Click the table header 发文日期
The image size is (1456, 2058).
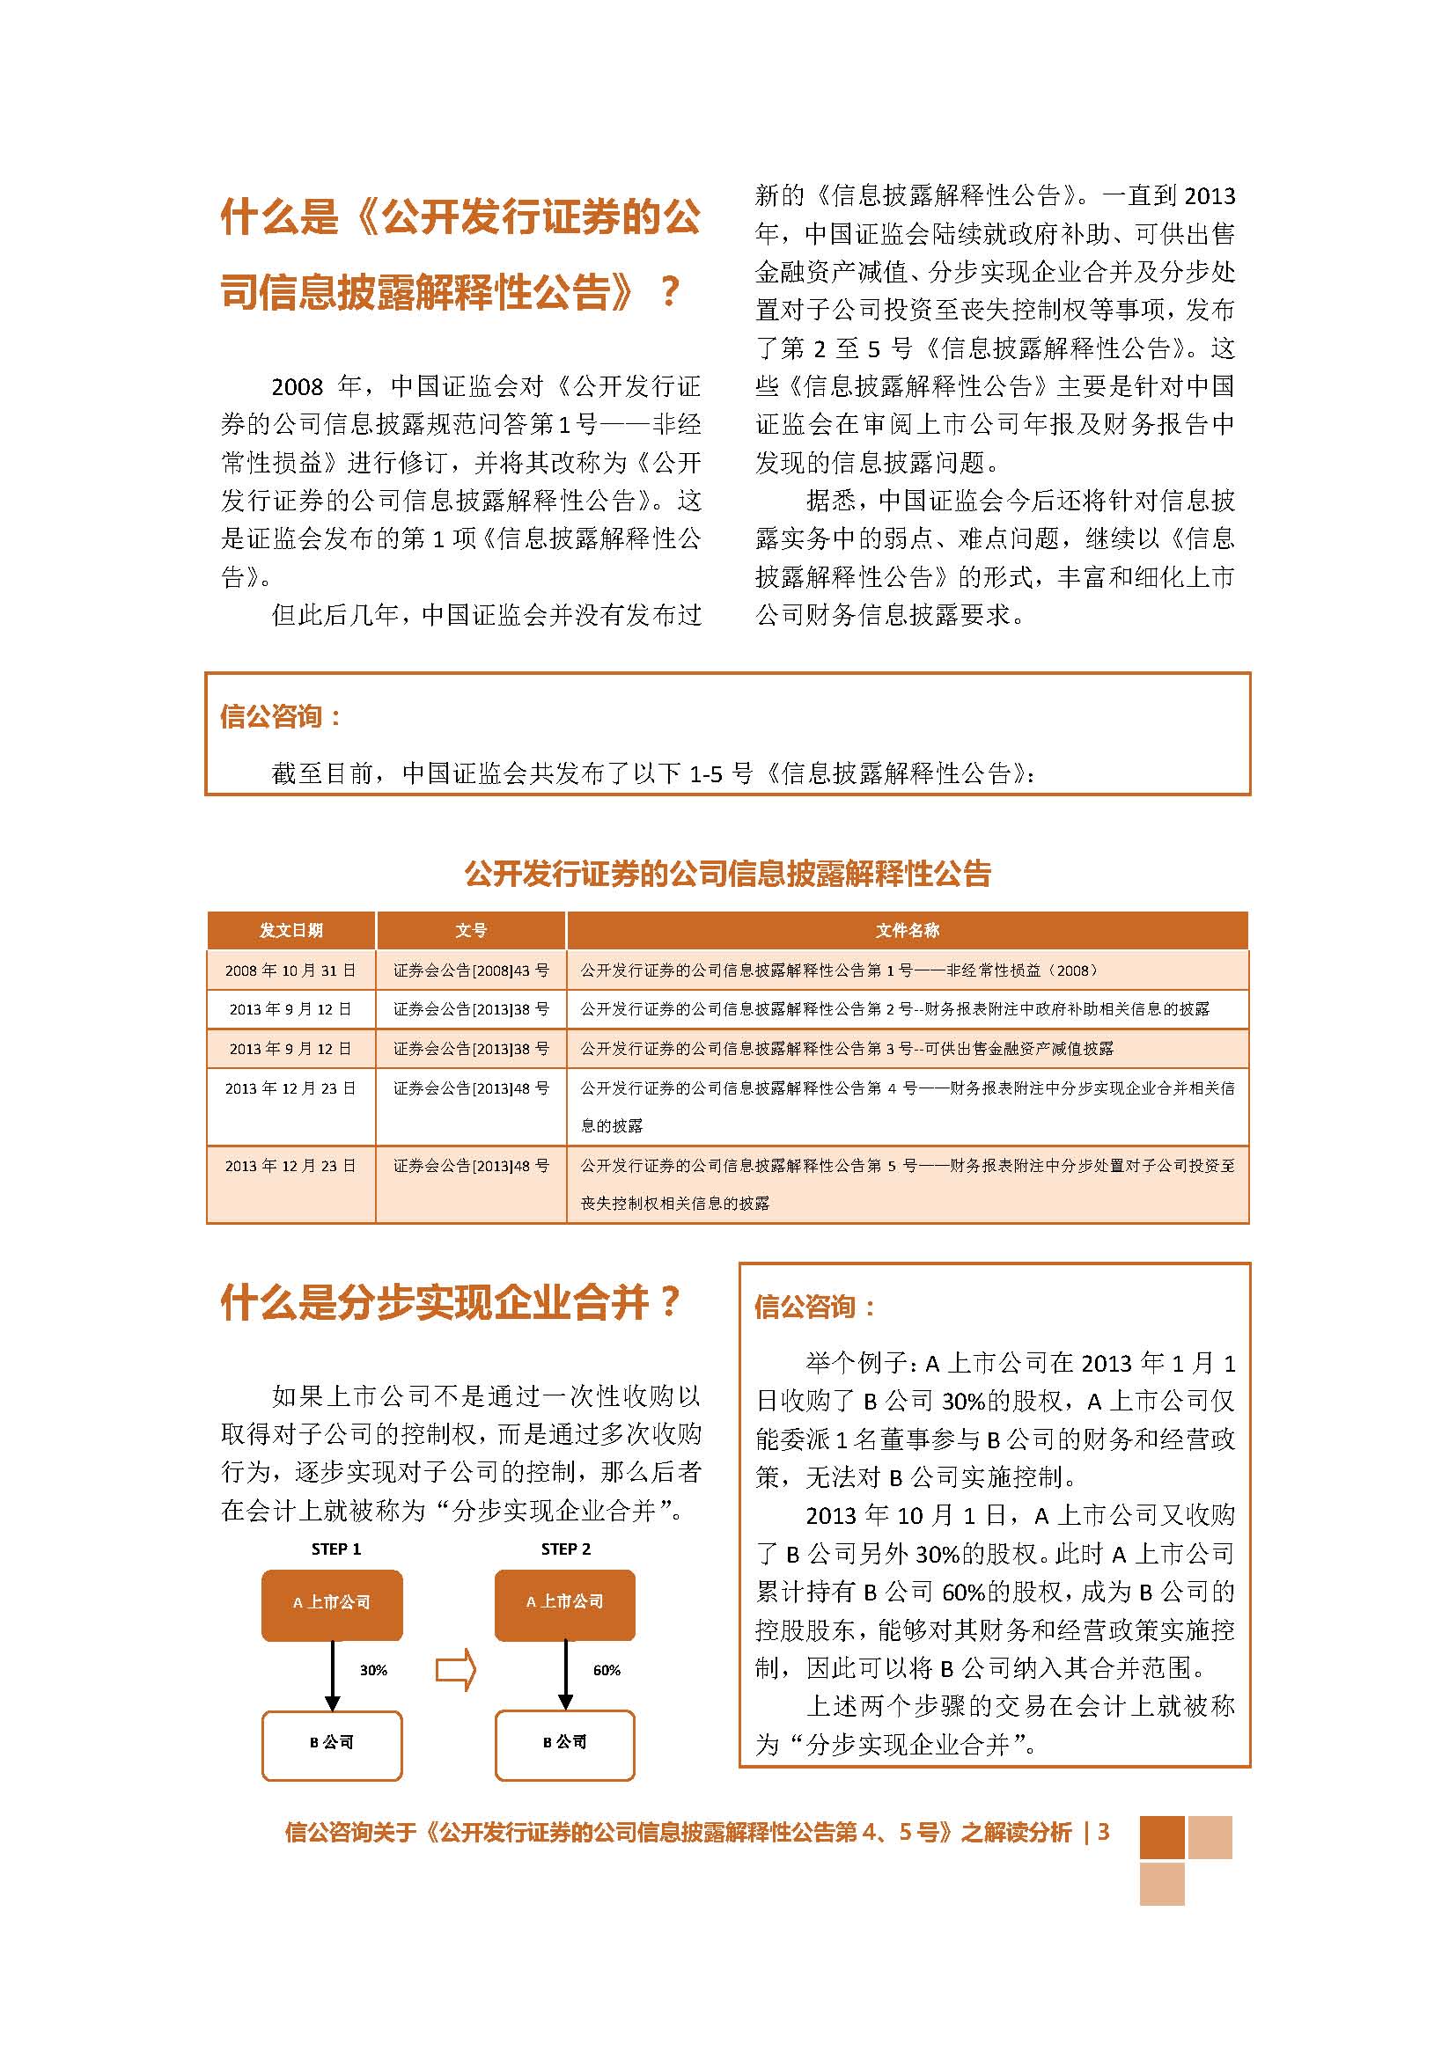click(290, 930)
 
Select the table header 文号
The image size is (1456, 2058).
click(471, 930)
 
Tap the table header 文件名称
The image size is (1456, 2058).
click(908, 930)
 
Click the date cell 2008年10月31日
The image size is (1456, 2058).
click(290, 970)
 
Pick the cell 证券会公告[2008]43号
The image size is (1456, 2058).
click(471, 970)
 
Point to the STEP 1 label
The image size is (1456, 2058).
click(336, 1549)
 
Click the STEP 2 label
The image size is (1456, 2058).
click(566, 1549)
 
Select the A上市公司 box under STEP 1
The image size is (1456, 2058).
click(332, 1601)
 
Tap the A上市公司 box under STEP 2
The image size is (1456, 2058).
click(565, 1601)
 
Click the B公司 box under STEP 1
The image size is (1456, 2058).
click(332, 1741)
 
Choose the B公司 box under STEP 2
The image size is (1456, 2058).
click(565, 1741)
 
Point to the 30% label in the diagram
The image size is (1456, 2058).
click(373, 1670)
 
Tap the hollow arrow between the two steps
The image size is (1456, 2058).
click(455, 1670)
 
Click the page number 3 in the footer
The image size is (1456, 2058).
click(1104, 1832)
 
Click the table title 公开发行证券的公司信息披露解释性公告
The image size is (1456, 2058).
click(727, 873)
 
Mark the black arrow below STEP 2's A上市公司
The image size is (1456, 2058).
click(565, 1674)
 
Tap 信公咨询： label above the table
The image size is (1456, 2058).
click(281, 716)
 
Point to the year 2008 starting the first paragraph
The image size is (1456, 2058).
click(297, 387)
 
